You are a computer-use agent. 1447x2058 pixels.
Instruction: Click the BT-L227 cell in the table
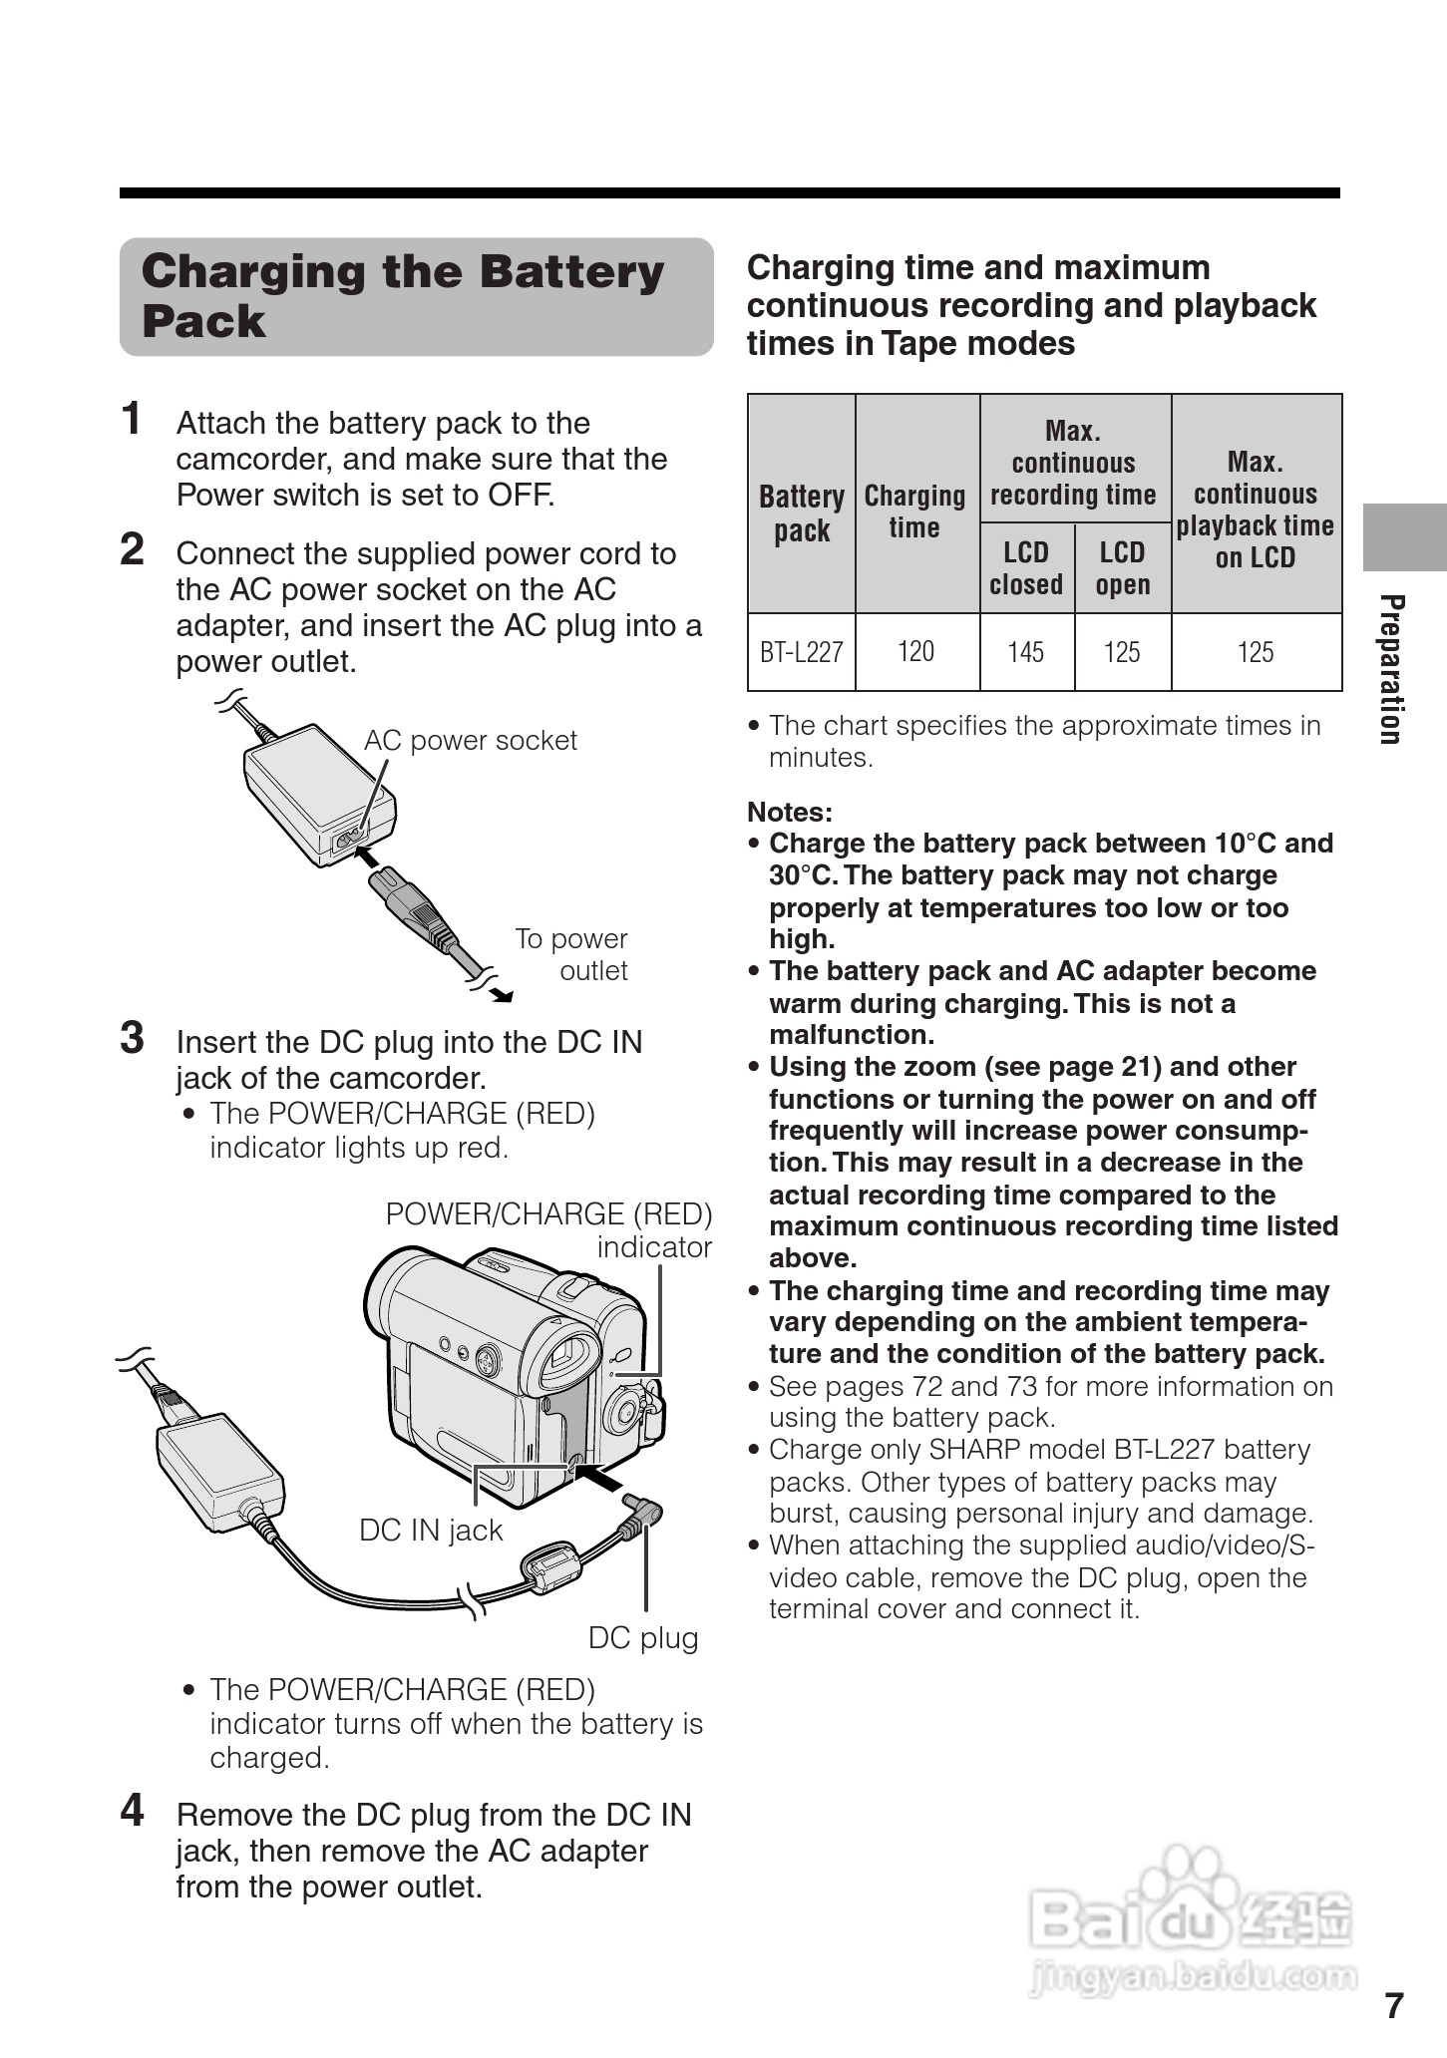tap(801, 652)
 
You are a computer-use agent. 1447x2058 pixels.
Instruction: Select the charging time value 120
tap(915, 652)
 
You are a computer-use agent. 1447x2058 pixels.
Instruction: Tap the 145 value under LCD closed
tap(1025, 652)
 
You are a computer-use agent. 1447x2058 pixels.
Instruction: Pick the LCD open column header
tap(1122, 568)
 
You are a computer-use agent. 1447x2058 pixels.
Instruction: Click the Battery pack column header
tap(801, 513)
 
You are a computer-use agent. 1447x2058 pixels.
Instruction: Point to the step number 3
tap(132, 1038)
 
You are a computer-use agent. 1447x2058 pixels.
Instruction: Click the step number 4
tap(132, 1811)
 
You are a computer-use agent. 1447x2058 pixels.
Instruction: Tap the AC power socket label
tap(470, 741)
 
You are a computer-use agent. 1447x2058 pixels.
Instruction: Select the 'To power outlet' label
tap(571, 954)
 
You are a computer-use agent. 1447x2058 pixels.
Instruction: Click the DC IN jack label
tap(431, 1531)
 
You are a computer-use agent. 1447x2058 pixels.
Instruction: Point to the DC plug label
tap(643, 1638)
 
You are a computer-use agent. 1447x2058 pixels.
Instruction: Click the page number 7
tap(1394, 2005)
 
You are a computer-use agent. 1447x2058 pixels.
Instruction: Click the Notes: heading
tap(790, 812)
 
